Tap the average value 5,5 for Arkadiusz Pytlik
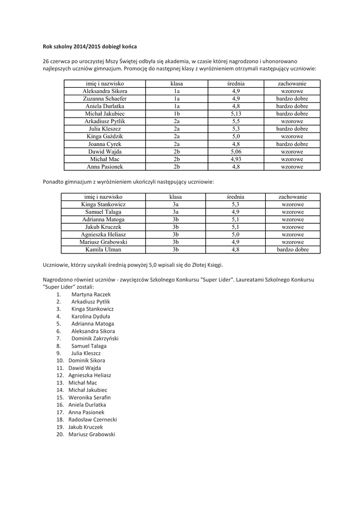coord(236,121)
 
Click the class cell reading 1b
coord(176,114)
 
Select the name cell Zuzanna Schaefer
coord(105,99)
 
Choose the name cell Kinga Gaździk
coord(105,136)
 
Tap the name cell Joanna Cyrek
coord(105,144)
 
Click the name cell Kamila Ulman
coord(104,250)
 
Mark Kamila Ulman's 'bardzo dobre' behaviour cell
coord(292,250)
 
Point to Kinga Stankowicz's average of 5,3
coord(236,204)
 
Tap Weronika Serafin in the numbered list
coord(89,397)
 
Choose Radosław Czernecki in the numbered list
coord(92,419)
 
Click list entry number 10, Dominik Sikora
coord(86,360)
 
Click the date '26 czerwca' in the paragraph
coord(57,61)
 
